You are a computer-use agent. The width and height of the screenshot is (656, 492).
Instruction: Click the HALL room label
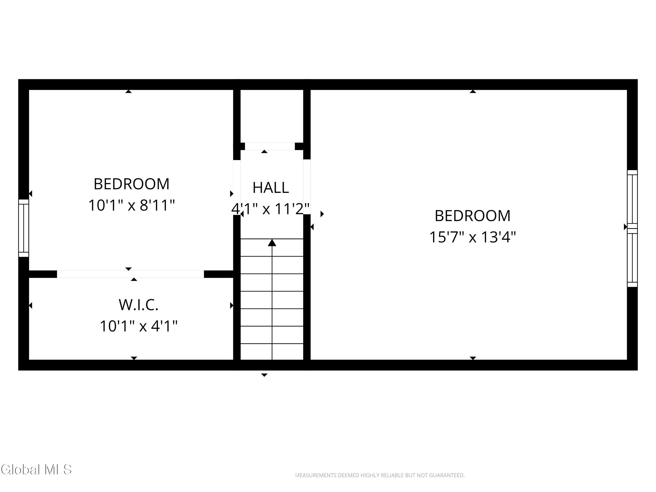[270, 188]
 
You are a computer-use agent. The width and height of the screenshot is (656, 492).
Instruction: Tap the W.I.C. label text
[138, 305]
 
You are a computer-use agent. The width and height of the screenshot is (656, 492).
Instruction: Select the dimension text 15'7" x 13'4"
[473, 237]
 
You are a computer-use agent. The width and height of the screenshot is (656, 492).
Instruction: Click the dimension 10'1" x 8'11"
[132, 205]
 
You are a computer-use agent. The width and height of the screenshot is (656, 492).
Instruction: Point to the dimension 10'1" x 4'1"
[138, 326]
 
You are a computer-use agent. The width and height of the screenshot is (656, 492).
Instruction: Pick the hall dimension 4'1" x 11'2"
[270, 209]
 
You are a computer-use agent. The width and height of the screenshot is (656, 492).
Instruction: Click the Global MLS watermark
[36, 469]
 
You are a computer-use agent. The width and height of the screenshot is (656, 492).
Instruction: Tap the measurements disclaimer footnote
[380, 475]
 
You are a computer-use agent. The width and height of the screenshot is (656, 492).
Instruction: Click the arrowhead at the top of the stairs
[272, 243]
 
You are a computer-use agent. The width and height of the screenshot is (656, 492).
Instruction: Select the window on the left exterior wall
[24, 228]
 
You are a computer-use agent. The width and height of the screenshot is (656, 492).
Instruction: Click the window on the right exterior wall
[632, 228]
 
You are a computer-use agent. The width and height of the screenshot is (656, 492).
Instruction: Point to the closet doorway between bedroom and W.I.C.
[131, 274]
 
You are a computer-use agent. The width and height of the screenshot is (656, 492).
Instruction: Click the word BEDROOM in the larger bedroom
[473, 216]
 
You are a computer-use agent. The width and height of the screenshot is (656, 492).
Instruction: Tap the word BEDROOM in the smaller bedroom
[132, 184]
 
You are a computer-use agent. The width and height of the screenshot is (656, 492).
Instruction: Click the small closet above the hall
[272, 116]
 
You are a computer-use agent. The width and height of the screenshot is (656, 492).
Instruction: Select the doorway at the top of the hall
[270, 146]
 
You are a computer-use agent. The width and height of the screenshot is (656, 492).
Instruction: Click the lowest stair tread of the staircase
[272, 352]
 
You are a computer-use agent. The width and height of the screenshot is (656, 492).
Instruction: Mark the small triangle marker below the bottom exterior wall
[264, 375]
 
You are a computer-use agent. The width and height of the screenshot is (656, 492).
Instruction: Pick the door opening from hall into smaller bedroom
[237, 187]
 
